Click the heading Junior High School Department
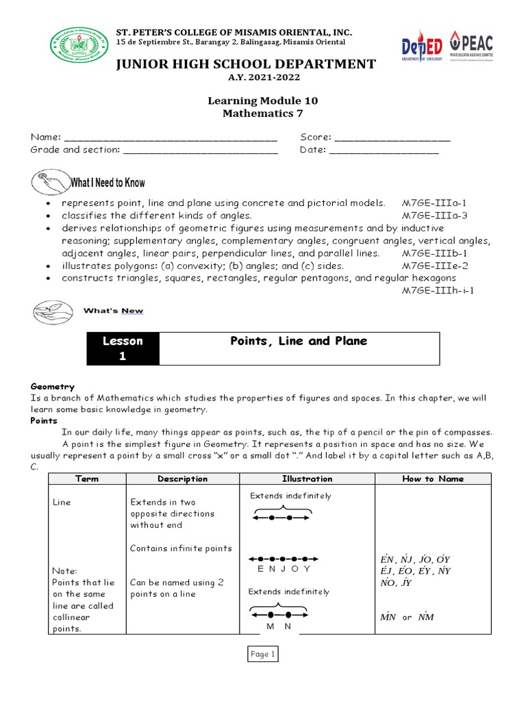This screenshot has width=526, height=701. (245, 64)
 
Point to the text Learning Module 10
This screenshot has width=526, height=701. (262, 101)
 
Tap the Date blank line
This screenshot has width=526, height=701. (384, 150)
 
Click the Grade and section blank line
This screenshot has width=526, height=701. (201, 150)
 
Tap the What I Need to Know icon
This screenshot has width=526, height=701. (50, 182)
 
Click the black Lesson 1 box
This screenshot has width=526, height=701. (123, 348)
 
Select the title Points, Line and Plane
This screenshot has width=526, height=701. (299, 341)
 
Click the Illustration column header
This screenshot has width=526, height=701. (307, 479)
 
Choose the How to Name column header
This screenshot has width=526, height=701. (432, 479)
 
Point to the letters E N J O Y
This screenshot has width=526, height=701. (284, 569)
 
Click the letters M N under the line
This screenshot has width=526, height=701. (279, 626)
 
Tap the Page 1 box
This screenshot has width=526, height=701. (262, 654)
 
